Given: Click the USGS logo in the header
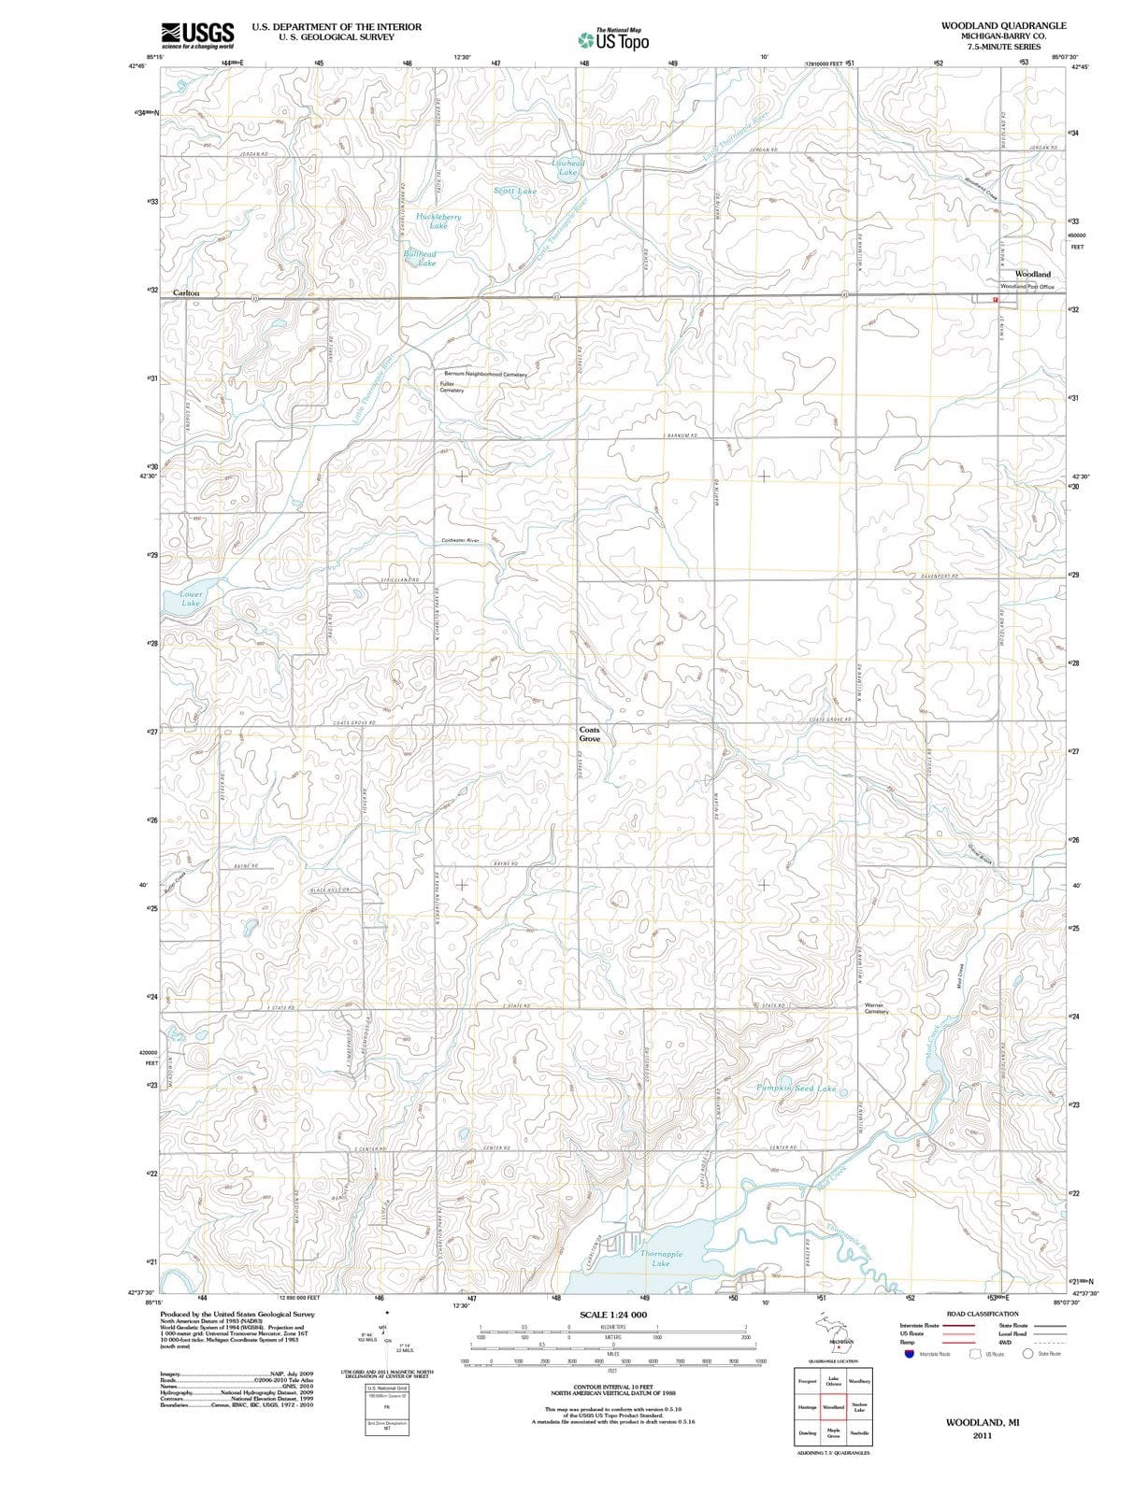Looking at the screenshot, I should (x=197, y=35).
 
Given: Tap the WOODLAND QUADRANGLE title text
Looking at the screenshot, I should (x=1004, y=25).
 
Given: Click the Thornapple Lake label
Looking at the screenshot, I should (x=661, y=1259).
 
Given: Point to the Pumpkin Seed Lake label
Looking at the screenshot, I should (x=796, y=1089).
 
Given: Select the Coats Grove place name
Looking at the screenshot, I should (x=590, y=733).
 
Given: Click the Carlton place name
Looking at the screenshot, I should (x=186, y=292).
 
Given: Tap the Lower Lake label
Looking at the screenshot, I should (x=191, y=598).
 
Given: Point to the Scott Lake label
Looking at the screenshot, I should (x=515, y=191).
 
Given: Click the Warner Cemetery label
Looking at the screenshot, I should (x=876, y=1008).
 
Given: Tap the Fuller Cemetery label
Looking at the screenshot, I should (x=452, y=386).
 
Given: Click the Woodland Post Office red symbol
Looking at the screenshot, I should (x=995, y=299).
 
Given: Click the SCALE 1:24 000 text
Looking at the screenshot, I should (x=612, y=1315).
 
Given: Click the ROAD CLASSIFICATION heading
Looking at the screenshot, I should (x=982, y=1313).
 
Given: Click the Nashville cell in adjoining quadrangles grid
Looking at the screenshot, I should (x=859, y=1433).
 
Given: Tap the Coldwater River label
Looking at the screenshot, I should (x=459, y=541).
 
